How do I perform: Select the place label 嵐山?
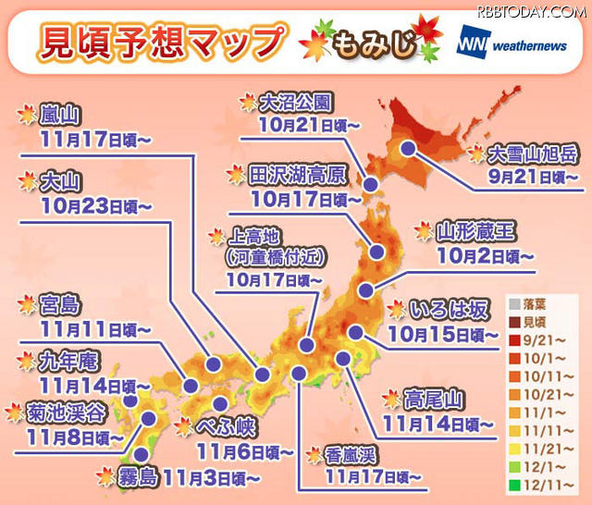click(60, 117)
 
